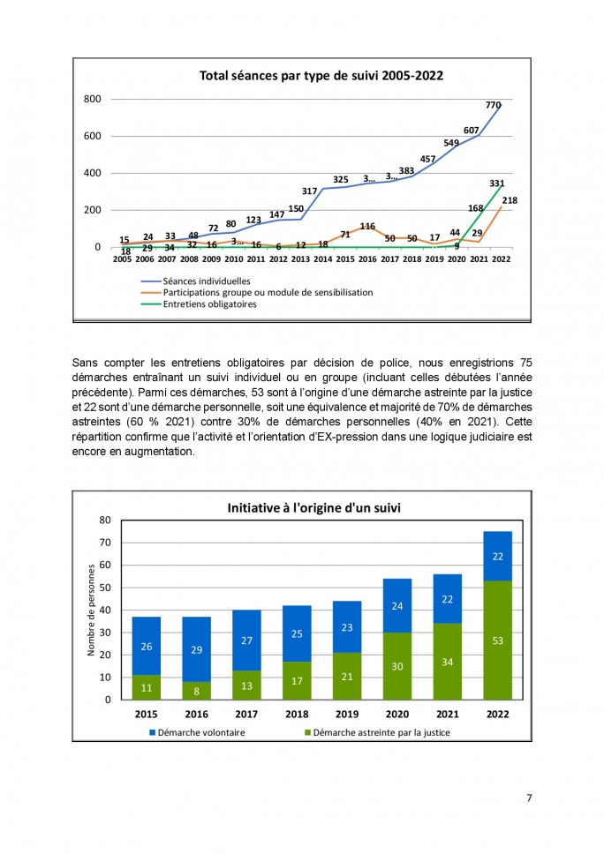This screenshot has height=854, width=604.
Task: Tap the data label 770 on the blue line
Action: [493, 105]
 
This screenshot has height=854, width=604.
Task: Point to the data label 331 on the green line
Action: [496, 184]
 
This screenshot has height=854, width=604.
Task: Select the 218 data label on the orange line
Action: [510, 200]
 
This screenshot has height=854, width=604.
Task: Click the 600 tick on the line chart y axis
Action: [92, 136]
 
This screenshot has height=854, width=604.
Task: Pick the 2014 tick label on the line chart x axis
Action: [322, 259]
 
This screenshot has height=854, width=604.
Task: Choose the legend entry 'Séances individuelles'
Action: [207, 281]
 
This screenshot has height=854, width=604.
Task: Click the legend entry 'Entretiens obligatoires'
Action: [210, 303]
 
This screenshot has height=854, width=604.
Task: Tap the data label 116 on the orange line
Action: [367, 226]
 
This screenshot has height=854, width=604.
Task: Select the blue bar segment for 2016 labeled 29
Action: [196, 649]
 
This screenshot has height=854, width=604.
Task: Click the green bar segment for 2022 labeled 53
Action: [498, 640]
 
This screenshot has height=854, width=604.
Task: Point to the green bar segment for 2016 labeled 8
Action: [196, 691]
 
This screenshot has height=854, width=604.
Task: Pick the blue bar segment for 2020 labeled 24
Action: [397, 605]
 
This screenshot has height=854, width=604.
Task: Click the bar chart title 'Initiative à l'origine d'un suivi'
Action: [314, 508]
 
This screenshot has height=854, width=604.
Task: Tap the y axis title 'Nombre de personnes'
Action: [91, 610]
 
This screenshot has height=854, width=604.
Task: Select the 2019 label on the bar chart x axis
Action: [347, 714]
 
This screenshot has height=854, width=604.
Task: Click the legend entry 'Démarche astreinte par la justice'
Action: [377, 732]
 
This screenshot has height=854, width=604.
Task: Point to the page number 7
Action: [529, 798]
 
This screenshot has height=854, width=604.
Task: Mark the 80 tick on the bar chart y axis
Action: [105, 521]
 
